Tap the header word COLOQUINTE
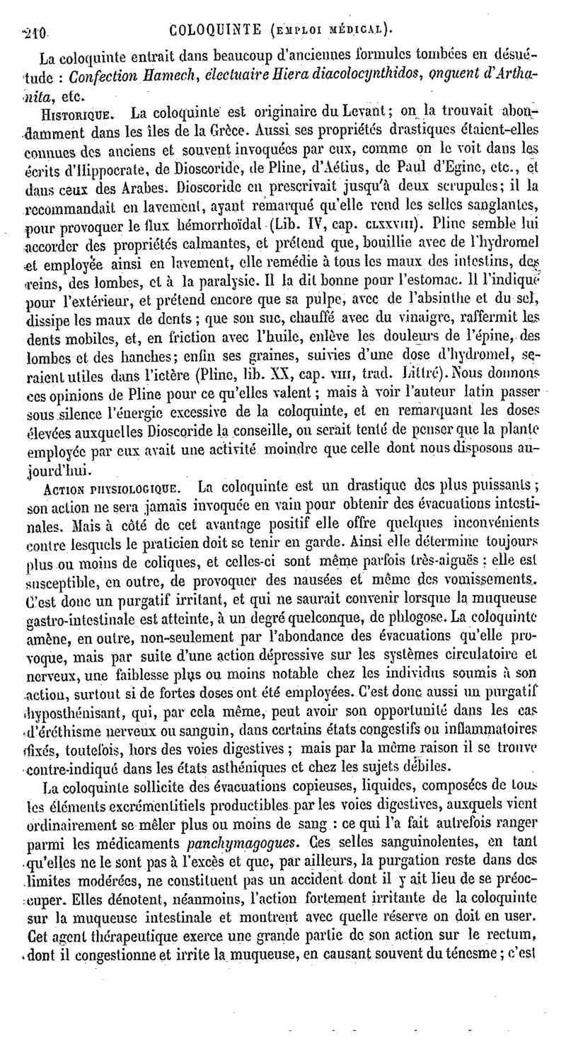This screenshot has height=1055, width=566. click(219, 30)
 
